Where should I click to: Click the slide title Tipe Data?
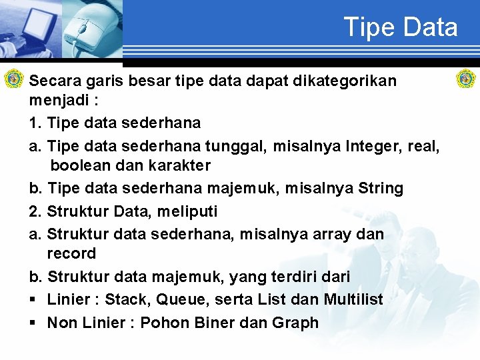[x=401, y=27]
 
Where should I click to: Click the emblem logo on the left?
[x=13, y=79]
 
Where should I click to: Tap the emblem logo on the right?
[x=465, y=79]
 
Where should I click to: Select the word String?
[x=381, y=189]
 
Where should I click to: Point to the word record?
[x=71, y=253]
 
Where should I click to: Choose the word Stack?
[x=127, y=300]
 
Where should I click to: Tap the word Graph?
[x=295, y=323]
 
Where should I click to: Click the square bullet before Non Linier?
[x=33, y=323]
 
